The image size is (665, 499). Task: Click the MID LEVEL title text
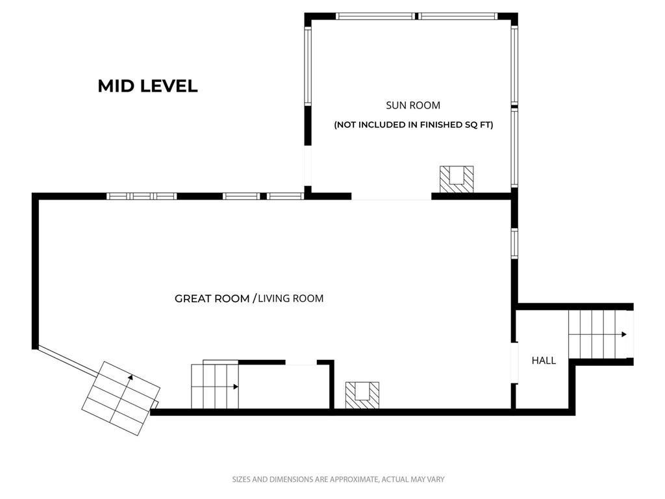point(147,86)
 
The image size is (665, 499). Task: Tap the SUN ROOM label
point(413,105)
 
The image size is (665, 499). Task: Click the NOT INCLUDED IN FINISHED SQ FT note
point(414,125)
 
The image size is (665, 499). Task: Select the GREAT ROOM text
point(212,299)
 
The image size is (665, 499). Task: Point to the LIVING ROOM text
point(290,299)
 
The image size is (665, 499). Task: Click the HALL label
point(544,361)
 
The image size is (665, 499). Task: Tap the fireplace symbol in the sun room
point(457,179)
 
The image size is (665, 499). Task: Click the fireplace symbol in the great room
point(362,395)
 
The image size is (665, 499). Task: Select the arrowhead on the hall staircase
point(624,335)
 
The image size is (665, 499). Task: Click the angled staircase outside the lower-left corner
point(121,398)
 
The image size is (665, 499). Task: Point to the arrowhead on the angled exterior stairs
point(131,377)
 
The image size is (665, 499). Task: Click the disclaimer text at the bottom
point(338,480)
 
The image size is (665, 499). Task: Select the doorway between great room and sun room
point(392,196)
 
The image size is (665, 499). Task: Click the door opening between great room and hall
point(514,363)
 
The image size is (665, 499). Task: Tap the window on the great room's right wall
point(514,243)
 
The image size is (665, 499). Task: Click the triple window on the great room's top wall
point(141,196)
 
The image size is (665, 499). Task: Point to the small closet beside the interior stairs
point(284,385)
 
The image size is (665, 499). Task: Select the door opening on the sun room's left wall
point(308,166)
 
